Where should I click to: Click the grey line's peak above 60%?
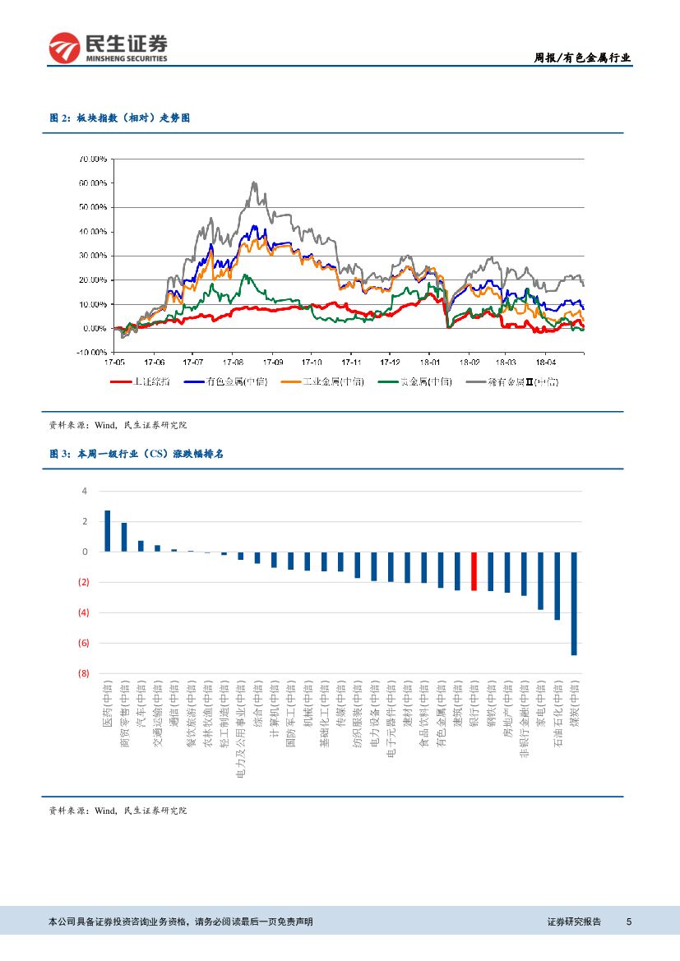pos(255,182)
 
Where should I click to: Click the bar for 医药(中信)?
pos(107,531)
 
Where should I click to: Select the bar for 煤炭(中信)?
pos(574,603)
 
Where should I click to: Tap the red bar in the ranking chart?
pos(474,571)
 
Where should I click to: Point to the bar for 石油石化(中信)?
pos(557,585)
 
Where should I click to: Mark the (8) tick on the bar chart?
pos(83,673)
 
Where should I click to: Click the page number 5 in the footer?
pos(629,922)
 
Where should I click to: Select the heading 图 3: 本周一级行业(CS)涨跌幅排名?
pos(136,453)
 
